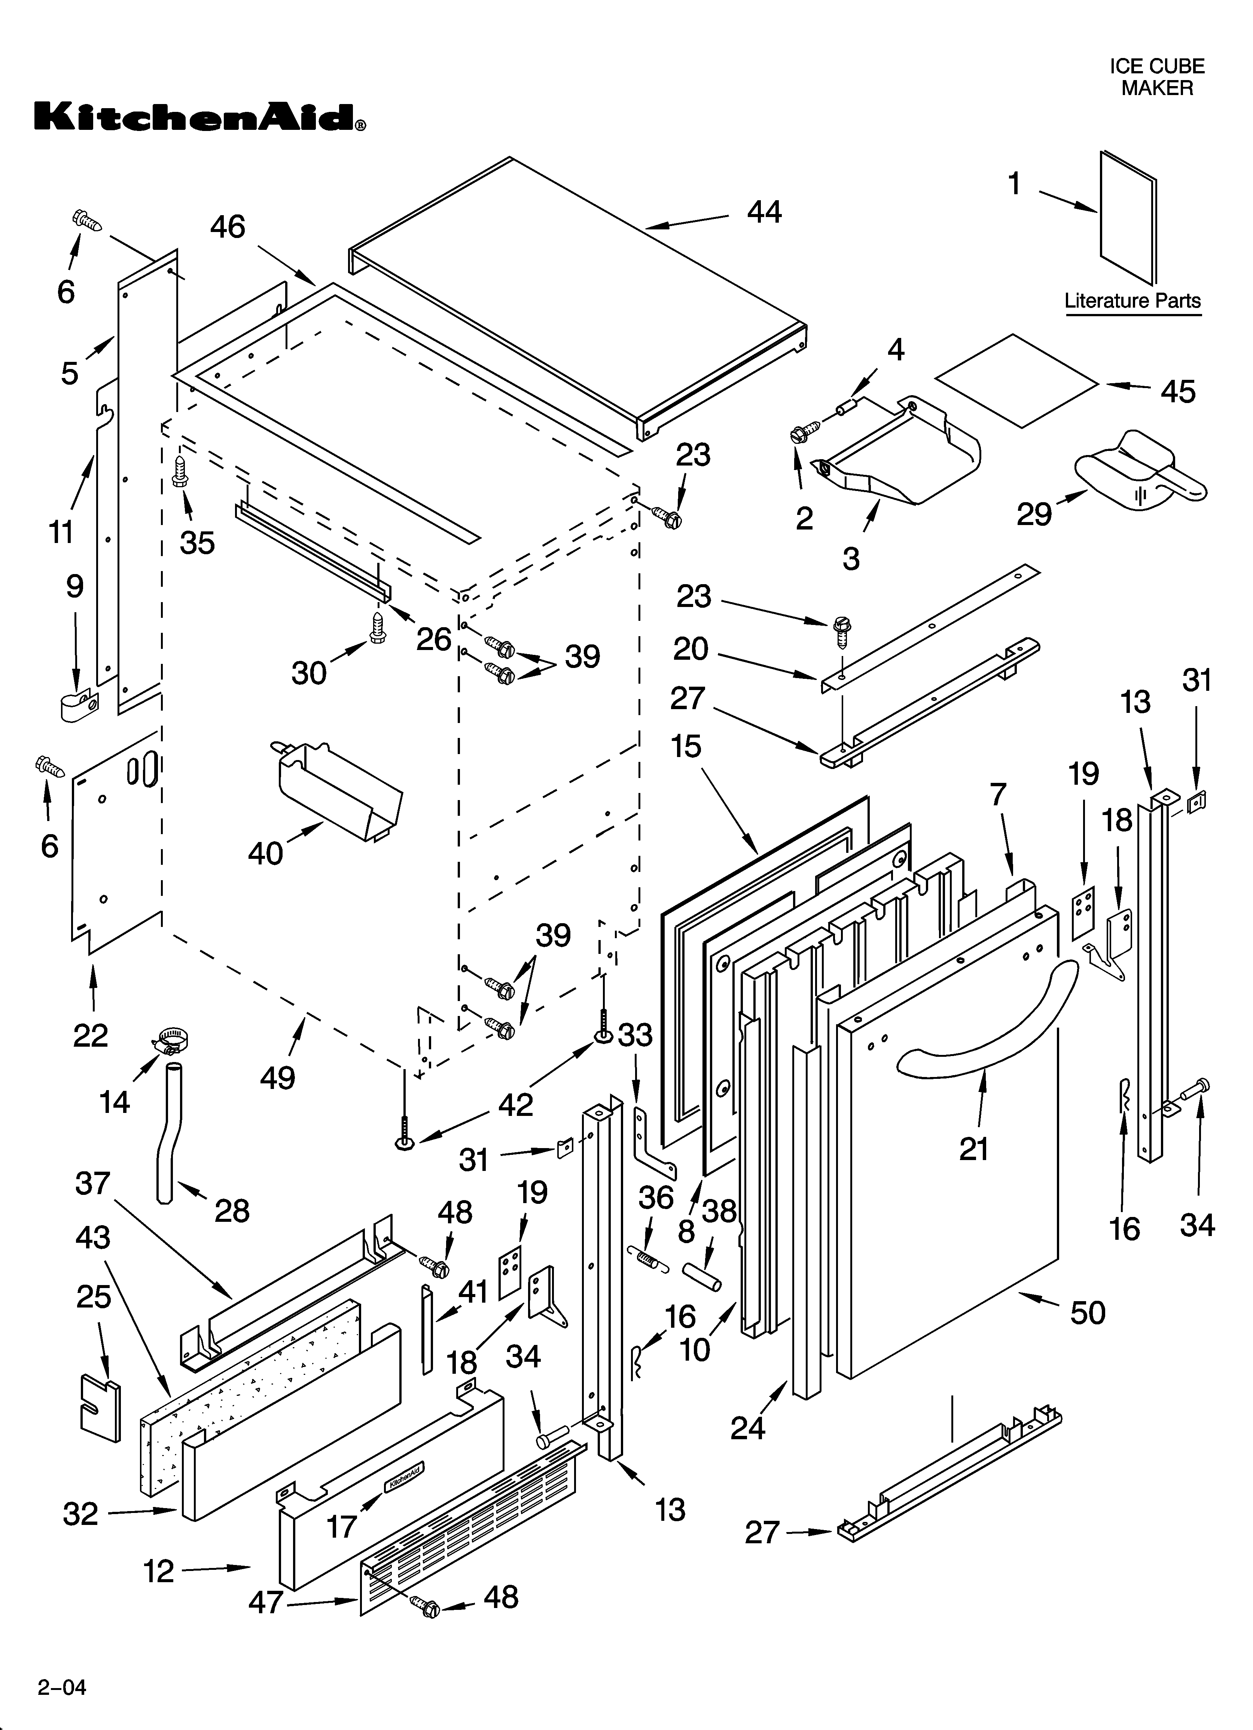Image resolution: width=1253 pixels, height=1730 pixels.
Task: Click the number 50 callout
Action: (x=1088, y=1313)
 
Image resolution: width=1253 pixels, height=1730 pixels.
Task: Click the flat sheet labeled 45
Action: (x=1019, y=380)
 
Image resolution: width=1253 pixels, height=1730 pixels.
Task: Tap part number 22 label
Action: (x=90, y=1035)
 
